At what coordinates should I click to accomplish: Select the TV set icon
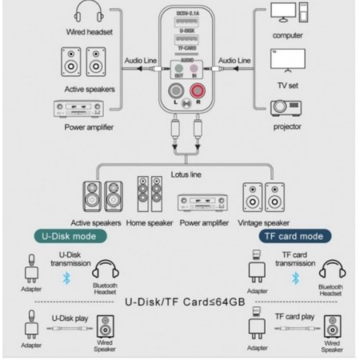(x=287, y=62)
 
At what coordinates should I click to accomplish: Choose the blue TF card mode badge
(x=292, y=236)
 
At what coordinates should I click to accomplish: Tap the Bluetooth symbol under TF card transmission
(x=294, y=278)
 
